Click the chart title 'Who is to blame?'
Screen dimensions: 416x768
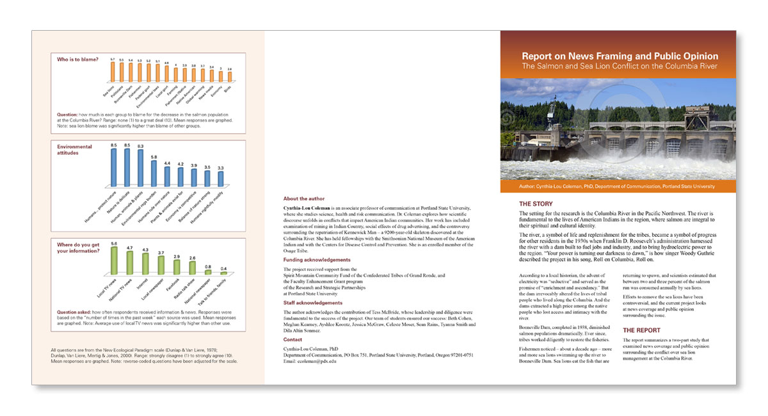point(77,60)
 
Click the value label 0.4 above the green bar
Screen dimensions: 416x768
point(223,268)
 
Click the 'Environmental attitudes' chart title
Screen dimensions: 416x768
point(74,150)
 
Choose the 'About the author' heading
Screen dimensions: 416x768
point(304,198)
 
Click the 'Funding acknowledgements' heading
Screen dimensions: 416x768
point(317,260)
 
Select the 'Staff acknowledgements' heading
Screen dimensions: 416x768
point(313,303)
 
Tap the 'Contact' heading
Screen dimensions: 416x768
point(293,339)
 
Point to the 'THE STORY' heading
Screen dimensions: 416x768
point(536,204)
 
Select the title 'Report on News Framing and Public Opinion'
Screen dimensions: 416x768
point(620,56)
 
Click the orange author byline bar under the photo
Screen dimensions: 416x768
point(618,186)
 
